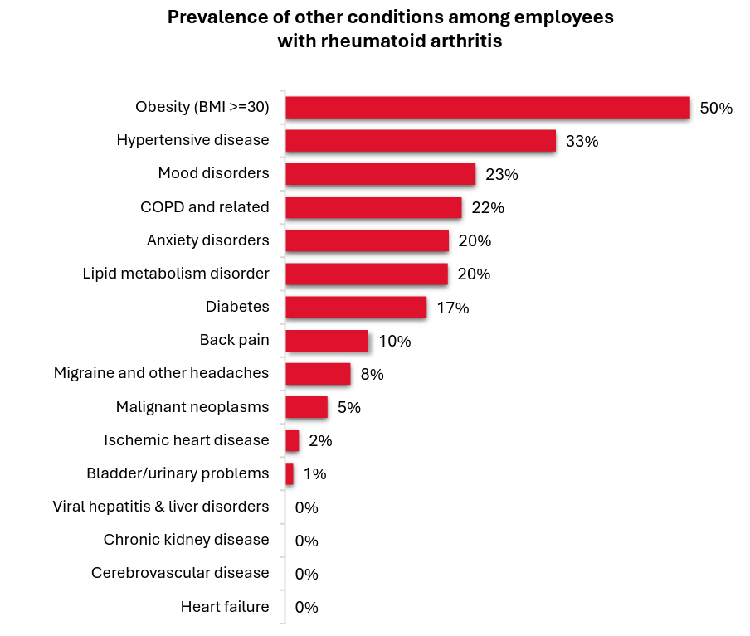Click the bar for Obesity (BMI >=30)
pyautogui.click(x=488, y=108)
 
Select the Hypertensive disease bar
pyautogui.click(x=421, y=141)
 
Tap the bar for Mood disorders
pyautogui.click(x=381, y=174)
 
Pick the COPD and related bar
pyautogui.click(x=373, y=207)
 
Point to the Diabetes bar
pyautogui.click(x=356, y=308)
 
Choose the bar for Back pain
pyautogui.click(x=327, y=341)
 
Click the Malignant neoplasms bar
pyautogui.click(x=306, y=407)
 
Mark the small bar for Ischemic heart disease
pyautogui.click(x=292, y=440)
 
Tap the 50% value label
pyautogui.click(x=716, y=109)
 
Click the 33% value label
pyautogui.click(x=582, y=142)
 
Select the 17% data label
pyautogui.click(x=452, y=308)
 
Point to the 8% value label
pyautogui.click(x=372, y=375)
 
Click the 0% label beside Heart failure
pyautogui.click(x=306, y=607)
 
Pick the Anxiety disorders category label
pyautogui.click(x=207, y=240)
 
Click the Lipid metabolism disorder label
pyautogui.click(x=176, y=274)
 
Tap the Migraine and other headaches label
pyautogui.click(x=161, y=373)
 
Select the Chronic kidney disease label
pyautogui.click(x=186, y=540)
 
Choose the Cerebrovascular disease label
pyautogui.click(x=180, y=573)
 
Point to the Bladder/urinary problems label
pyautogui.click(x=178, y=473)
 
